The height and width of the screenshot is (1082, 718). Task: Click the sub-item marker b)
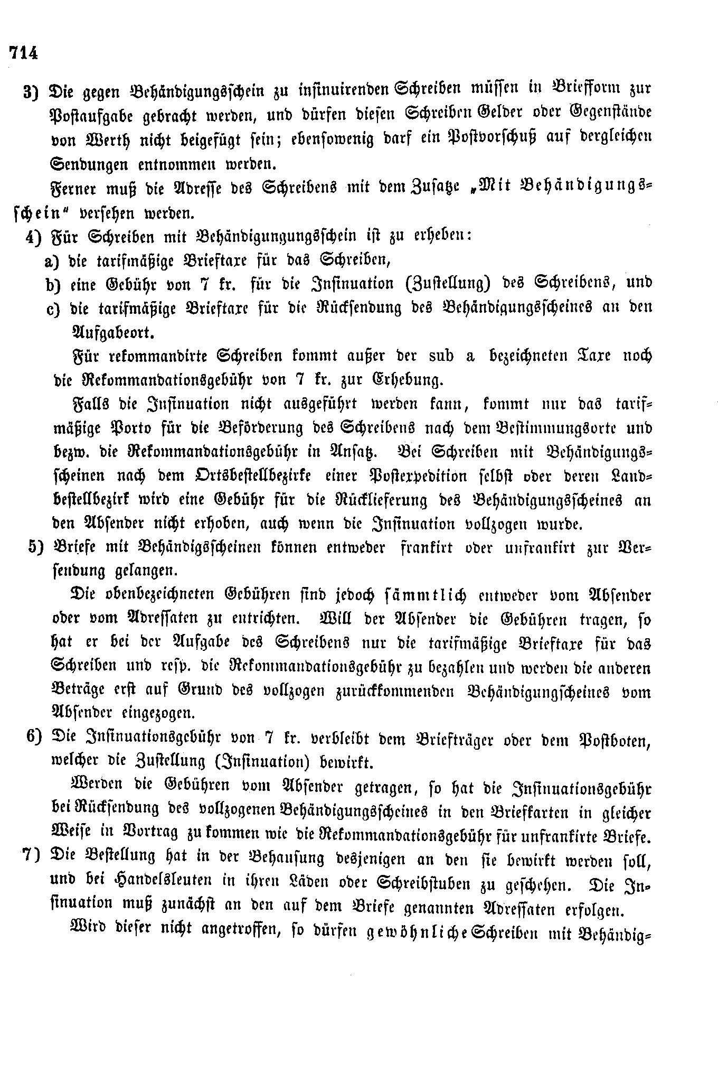[x=53, y=284]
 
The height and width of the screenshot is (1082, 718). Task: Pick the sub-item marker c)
[x=53, y=308]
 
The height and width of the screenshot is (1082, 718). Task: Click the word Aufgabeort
[x=112, y=332]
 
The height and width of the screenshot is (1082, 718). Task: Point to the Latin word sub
[x=434, y=356]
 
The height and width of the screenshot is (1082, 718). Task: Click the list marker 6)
[x=34, y=738]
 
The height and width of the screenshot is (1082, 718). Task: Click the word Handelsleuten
[x=138, y=881]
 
